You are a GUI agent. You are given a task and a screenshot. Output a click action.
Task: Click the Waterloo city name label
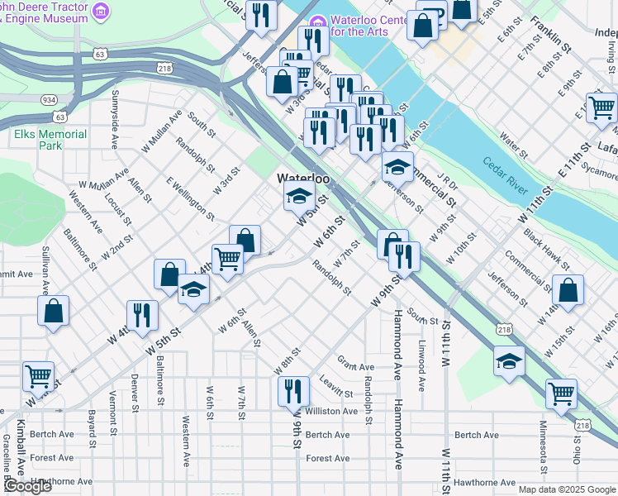[303, 179]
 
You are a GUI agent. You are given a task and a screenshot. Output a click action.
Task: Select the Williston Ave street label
[331, 411]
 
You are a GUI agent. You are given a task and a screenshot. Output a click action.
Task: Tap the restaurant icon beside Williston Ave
[293, 389]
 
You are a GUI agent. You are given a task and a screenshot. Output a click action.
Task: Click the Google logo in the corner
[27, 486]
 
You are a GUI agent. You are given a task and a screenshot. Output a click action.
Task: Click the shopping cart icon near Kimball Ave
[38, 375]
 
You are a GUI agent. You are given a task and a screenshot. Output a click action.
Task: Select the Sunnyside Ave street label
[115, 119]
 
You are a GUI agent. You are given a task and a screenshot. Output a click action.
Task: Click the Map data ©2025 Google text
[566, 489]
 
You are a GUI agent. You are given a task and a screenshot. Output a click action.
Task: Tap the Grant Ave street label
[356, 365]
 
